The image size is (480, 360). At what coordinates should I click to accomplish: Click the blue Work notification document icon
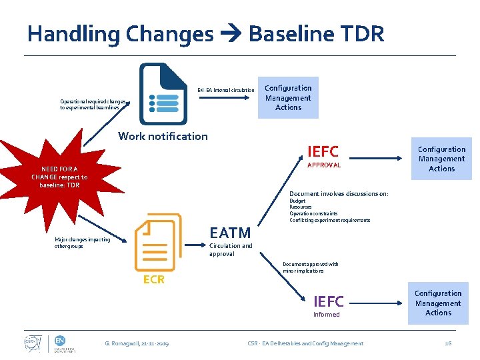coord(164,94)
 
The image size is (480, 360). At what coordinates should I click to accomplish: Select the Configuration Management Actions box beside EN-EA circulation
coord(288,97)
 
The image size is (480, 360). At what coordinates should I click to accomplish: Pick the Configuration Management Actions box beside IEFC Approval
coord(441,159)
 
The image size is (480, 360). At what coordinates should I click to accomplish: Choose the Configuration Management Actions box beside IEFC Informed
coord(438,303)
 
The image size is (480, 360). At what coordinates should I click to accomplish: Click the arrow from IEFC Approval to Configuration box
coord(377,158)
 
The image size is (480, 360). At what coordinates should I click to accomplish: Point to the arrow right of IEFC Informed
coord(377,303)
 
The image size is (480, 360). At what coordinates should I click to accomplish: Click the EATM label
coord(230,233)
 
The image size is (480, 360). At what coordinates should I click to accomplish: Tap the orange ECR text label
coord(153,279)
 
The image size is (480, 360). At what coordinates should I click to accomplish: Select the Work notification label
coord(163,136)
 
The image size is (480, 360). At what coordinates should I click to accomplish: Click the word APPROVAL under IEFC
coord(323,165)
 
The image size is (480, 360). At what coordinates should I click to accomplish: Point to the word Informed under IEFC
coord(326,315)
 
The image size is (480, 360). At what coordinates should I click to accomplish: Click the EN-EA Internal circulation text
coord(225,90)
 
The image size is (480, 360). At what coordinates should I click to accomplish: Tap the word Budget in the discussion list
coord(297,201)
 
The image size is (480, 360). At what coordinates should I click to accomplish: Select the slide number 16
coord(448,343)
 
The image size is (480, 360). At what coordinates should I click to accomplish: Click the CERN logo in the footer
coord(31,343)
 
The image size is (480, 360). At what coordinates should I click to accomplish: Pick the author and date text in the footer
coord(137,343)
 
